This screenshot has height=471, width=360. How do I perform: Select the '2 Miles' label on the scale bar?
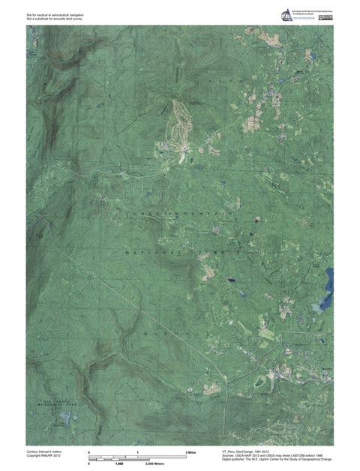click(190, 454)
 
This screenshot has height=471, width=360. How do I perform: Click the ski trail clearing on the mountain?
click(180, 127)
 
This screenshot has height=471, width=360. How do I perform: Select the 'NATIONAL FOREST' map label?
click(180, 255)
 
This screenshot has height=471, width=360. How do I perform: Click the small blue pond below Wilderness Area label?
click(65, 416)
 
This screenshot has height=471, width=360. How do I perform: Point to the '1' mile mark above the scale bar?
click(137, 453)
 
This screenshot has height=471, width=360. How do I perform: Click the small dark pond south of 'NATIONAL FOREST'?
click(230, 278)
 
